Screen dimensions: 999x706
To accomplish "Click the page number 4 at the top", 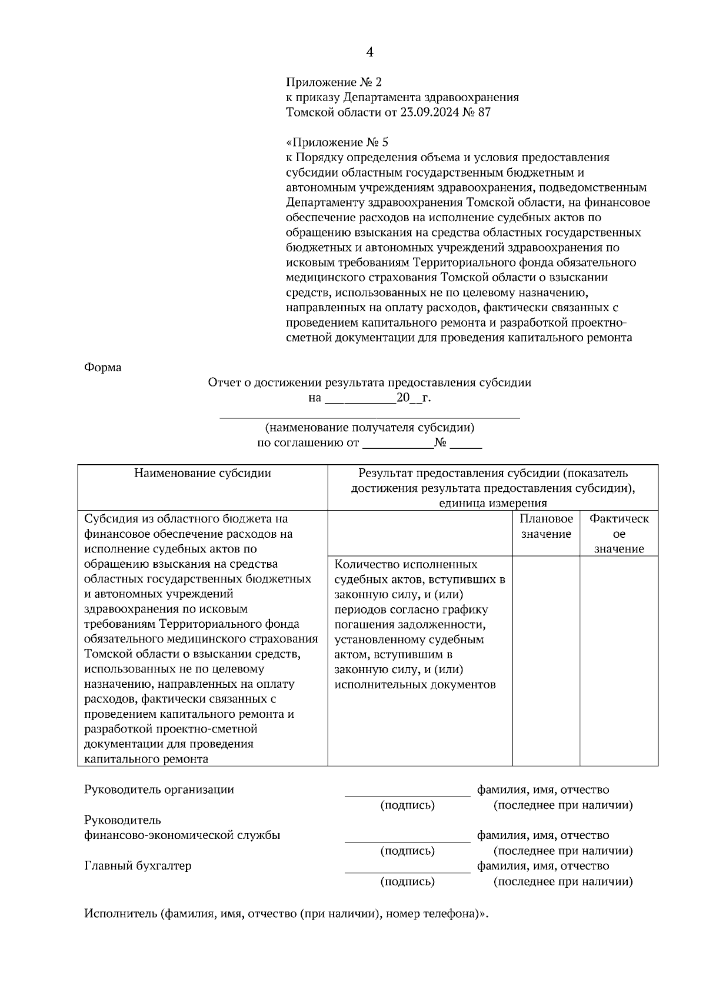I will [x=369, y=52].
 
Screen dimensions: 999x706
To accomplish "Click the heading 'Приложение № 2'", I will [x=334, y=82].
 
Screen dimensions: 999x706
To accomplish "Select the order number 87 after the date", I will [x=484, y=112].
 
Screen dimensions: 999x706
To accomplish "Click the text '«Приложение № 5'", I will [x=337, y=142].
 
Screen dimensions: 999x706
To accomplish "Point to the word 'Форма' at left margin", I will [x=103, y=367].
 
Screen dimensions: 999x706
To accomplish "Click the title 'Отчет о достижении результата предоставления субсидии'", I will [x=369, y=382].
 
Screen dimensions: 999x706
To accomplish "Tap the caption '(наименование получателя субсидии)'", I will [x=369, y=428].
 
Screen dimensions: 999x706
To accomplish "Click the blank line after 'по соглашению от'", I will [x=398, y=444].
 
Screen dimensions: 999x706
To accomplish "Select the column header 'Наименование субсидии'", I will [x=202, y=473].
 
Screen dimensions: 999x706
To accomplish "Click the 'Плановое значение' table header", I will [x=546, y=526].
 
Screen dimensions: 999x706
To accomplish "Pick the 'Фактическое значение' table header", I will [x=619, y=534].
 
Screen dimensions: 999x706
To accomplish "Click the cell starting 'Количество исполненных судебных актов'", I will [x=419, y=624].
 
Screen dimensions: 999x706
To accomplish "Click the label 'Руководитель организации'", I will [x=159, y=790].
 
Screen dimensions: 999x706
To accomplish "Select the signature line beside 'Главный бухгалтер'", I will [x=407, y=871].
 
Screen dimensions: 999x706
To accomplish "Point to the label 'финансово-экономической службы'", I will [x=182, y=835].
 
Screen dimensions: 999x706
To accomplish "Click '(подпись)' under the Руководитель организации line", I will [x=407, y=805].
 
